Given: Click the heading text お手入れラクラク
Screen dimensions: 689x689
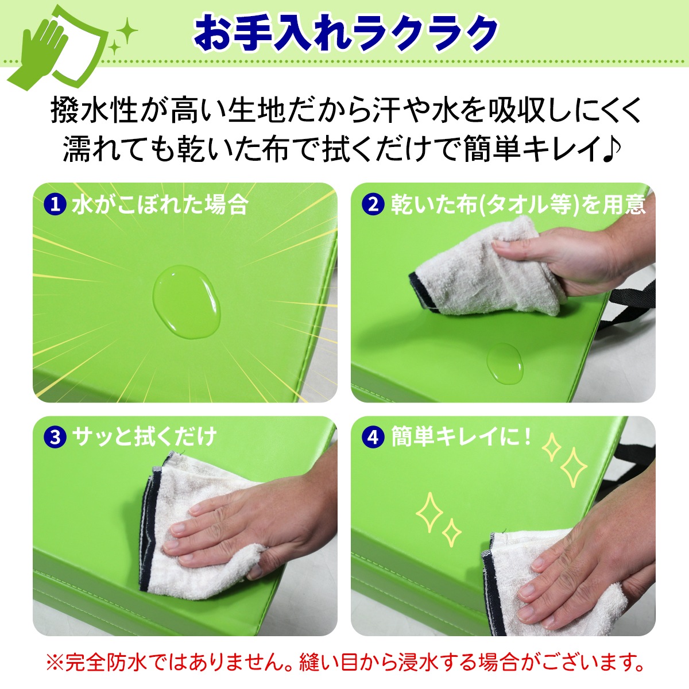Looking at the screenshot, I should click(x=345, y=32).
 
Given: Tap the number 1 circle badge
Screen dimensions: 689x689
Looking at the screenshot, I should click(x=56, y=204).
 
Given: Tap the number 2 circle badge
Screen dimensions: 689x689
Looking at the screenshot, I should click(x=374, y=204).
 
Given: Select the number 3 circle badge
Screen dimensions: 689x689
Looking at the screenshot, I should click(x=56, y=437).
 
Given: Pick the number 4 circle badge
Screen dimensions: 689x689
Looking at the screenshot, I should click(x=374, y=437).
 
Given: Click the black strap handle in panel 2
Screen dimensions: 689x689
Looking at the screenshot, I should click(x=632, y=296).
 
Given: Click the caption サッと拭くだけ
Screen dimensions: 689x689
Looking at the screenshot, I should click(x=144, y=437).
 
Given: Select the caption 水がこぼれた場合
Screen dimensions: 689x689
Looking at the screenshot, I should click(x=160, y=204).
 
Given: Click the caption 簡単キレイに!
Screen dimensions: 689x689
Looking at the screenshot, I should click(x=462, y=437).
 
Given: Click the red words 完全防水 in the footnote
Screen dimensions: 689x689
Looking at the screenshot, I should click(x=107, y=663).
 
